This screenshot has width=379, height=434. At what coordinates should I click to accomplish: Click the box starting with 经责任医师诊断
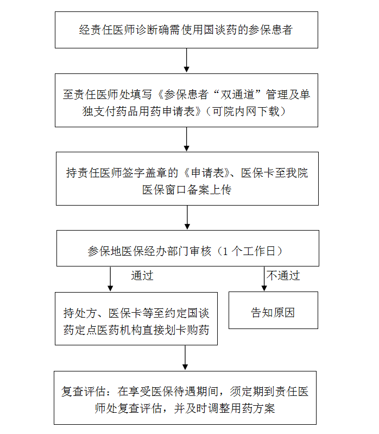click(186, 30)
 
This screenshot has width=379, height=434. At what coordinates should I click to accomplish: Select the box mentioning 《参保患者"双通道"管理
click(186, 100)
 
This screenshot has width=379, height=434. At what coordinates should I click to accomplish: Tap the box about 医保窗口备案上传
click(187, 178)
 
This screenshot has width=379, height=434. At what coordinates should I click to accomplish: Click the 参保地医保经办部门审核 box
click(187, 249)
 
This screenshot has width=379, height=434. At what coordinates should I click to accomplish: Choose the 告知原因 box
click(273, 311)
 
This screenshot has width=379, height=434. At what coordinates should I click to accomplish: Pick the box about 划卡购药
click(136, 319)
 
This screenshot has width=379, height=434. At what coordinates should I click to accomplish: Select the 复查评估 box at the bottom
click(185, 398)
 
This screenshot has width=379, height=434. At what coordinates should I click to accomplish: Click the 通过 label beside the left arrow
click(142, 276)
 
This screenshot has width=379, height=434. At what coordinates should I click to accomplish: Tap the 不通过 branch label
click(283, 276)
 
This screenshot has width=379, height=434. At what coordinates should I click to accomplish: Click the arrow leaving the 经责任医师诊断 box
click(186, 60)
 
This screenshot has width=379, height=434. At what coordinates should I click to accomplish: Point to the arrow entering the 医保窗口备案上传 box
click(186, 139)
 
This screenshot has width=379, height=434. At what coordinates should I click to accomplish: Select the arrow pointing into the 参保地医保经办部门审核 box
click(187, 218)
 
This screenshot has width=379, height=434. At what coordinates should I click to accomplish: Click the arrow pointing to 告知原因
click(264, 278)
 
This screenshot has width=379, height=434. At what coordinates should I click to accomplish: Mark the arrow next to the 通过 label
click(110, 279)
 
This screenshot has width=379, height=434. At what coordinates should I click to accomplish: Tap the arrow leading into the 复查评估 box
click(185, 358)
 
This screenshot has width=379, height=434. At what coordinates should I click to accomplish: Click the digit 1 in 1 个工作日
click(225, 251)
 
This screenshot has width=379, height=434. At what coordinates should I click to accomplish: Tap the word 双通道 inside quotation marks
click(237, 95)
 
